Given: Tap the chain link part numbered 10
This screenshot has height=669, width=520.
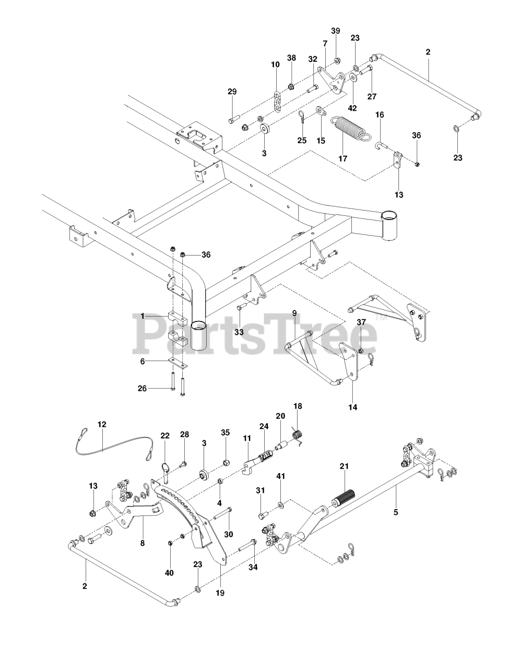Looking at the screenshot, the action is click(277, 101).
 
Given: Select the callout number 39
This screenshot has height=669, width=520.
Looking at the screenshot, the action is click(336, 31).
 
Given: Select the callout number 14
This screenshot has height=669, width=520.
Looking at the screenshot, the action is click(353, 407).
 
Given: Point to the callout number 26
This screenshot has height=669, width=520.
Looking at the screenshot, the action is click(142, 388).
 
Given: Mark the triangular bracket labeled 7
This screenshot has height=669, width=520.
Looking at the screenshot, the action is click(330, 80).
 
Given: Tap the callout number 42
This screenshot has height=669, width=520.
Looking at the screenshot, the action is click(352, 108).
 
